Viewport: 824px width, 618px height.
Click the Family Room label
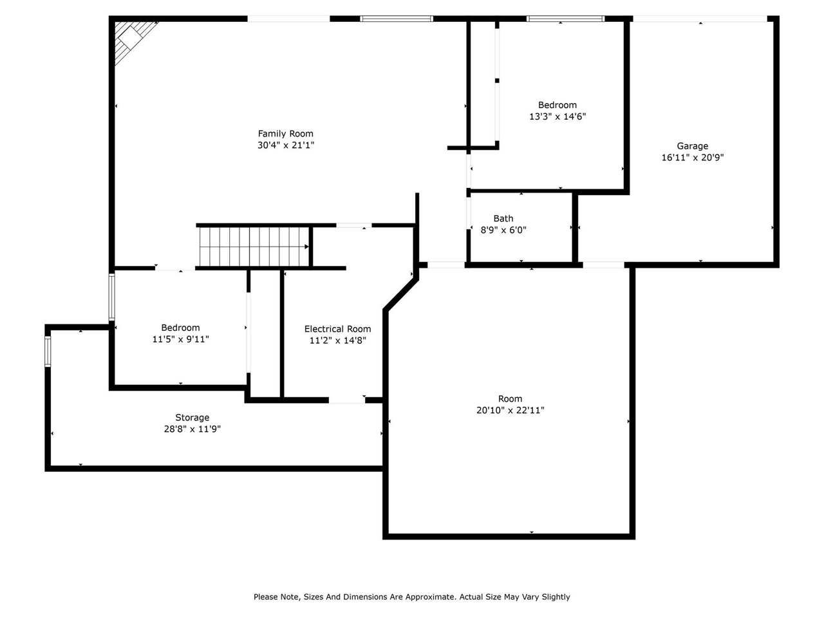[285, 134]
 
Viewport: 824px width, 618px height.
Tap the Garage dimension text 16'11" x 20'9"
[692, 157]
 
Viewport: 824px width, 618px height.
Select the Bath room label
[503, 218]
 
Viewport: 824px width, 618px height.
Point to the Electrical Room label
[337, 329]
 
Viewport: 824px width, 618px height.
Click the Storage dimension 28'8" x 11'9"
[192, 429]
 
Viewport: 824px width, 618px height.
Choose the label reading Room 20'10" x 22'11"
[510, 404]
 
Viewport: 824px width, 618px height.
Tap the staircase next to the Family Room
[254, 247]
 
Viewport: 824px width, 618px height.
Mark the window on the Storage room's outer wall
[48, 351]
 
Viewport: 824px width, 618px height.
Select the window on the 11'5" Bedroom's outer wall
[112, 297]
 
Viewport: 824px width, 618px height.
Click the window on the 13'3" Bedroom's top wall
[565, 19]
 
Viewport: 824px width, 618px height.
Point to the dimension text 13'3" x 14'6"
[557, 117]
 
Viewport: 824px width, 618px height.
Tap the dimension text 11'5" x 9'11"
[180, 339]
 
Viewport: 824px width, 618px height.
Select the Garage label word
[692, 146]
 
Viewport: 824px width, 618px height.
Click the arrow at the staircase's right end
[306, 247]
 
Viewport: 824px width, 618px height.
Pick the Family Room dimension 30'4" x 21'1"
[286, 145]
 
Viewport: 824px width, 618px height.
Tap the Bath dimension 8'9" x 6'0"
[503, 230]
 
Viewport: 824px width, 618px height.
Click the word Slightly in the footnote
[556, 597]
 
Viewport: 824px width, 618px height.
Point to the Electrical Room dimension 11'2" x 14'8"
[337, 341]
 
